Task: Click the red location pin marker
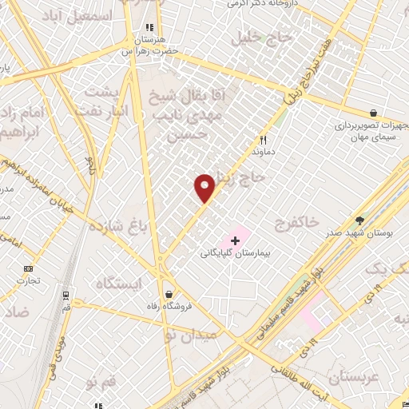point(205,187)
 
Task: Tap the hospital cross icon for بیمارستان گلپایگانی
point(235,239)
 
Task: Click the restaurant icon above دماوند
point(262,137)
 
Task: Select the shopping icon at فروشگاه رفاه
point(168,292)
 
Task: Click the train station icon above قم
point(63,294)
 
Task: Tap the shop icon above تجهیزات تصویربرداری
point(373,113)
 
